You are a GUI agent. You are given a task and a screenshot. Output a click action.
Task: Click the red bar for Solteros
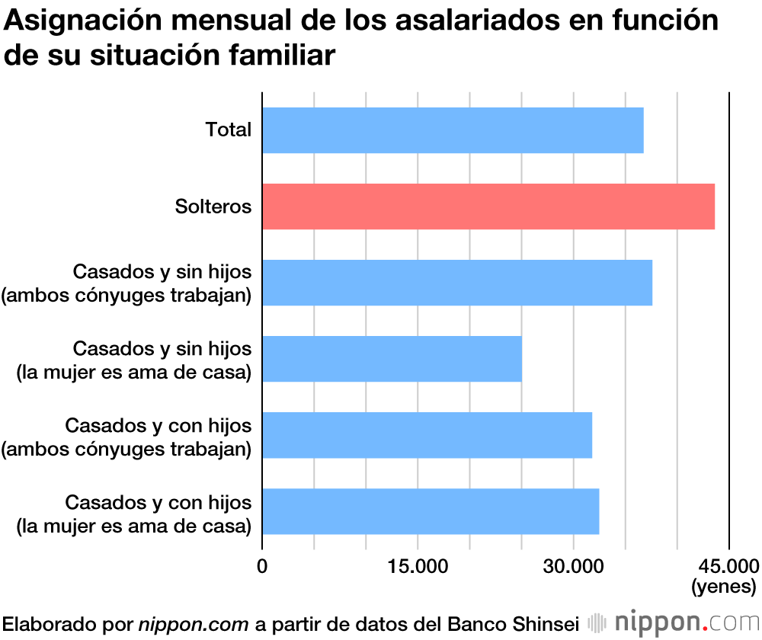488,206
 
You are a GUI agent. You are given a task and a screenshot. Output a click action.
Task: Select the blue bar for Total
453,130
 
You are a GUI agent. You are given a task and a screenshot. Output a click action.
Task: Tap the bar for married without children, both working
457,283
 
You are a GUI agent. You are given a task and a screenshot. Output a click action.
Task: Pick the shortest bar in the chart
392,359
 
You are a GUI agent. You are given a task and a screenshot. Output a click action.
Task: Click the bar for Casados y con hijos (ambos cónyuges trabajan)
427,435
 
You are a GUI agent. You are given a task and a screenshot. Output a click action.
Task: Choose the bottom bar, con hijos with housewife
431,511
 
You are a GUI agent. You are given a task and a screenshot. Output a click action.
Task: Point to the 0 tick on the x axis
262,566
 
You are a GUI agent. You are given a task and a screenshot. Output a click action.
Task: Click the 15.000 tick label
418,566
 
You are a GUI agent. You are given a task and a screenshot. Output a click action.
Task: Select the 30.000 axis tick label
573,566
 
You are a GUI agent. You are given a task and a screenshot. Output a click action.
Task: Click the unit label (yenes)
723,587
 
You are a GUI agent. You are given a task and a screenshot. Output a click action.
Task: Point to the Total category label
228,130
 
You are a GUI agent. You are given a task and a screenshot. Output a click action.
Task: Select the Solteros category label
213,206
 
